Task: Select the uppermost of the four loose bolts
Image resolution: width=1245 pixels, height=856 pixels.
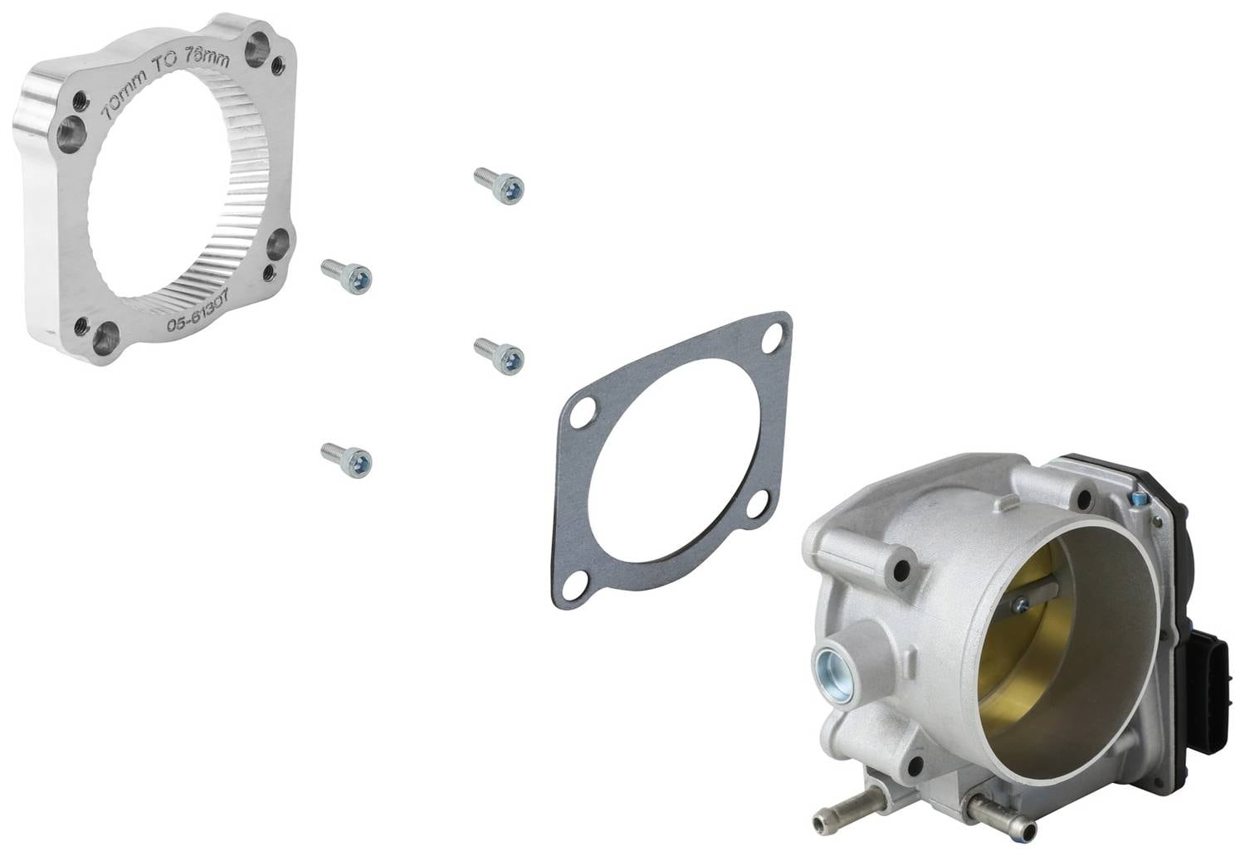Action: (499, 186)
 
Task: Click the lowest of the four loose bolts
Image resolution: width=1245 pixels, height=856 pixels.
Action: (346, 460)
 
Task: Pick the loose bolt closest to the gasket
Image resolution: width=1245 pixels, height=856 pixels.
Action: (499, 356)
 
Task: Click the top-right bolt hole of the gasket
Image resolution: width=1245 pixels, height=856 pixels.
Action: (772, 338)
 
